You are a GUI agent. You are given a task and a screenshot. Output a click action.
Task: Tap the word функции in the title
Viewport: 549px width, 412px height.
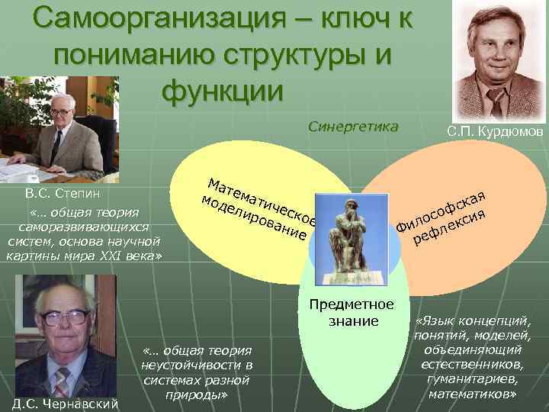point(222,89)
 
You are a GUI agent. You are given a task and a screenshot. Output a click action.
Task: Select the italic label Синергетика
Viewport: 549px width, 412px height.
point(353,127)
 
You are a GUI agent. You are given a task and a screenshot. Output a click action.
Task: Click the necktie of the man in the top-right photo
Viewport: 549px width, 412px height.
point(496,101)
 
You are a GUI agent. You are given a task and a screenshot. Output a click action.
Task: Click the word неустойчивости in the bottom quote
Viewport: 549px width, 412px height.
point(196,365)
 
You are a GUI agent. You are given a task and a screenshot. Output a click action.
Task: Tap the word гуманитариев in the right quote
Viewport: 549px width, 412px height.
point(473,379)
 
